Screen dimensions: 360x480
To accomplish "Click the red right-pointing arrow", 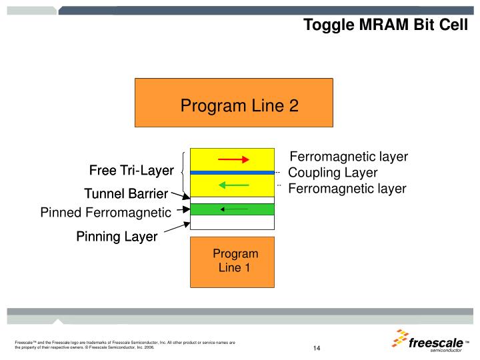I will (233, 159).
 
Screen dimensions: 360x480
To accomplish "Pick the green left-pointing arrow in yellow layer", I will (233, 185).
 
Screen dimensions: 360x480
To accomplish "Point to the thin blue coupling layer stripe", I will (232, 172).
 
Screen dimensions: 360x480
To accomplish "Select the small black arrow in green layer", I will (234, 209).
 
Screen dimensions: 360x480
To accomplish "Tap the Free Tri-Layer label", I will (131, 171).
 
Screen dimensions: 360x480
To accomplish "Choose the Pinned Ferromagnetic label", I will (106, 213).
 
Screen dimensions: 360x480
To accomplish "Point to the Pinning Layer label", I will (117, 236).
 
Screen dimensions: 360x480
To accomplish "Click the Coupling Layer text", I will (333, 173).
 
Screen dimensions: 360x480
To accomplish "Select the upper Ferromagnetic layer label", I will (349, 157).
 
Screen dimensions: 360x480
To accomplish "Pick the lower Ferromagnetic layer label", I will (347, 189).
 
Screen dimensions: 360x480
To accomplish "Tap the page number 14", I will (317, 348).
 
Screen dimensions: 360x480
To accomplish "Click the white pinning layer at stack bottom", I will (232, 223).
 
